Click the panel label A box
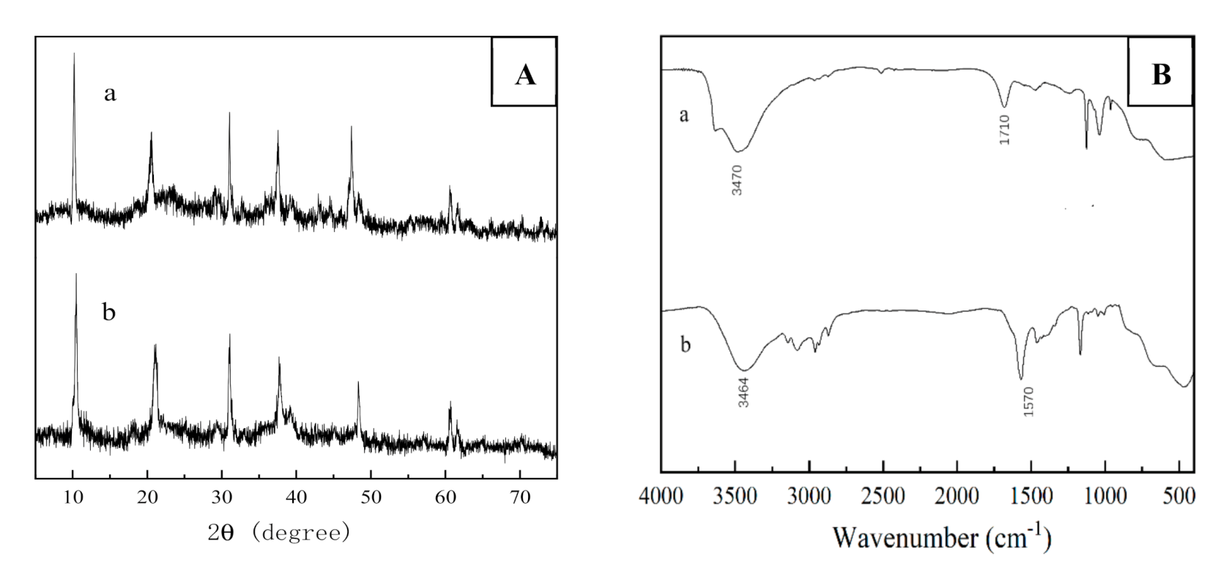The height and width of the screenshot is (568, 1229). point(524,73)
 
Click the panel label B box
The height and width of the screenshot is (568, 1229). point(1160,73)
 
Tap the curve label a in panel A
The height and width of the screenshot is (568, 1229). point(110,94)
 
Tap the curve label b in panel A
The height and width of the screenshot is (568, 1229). point(109,313)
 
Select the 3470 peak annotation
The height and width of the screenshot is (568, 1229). point(738,179)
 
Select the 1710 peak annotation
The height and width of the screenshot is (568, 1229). point(1004,129)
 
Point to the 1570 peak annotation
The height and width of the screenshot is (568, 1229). point(1028,402)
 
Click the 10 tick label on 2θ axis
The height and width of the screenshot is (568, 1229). point(73,498)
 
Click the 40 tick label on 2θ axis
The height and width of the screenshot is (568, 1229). point(296,498)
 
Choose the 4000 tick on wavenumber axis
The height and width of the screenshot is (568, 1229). point(661,496)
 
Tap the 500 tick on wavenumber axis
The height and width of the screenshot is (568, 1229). point(1179,496)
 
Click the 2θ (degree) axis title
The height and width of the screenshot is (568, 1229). point(279,533)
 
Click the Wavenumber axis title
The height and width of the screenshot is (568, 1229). point(942,539)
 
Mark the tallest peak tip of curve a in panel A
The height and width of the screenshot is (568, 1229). point(74,54)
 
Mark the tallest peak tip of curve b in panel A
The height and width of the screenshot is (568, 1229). point(76,275)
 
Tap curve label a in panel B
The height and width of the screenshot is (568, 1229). point(684,115)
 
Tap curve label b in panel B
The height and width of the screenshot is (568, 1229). point(686,344)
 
